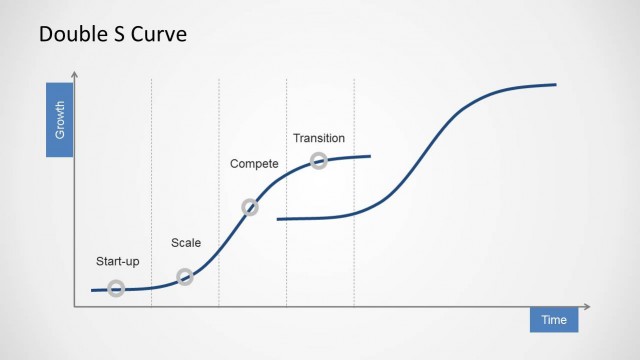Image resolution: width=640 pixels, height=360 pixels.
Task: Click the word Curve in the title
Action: click(158, 35)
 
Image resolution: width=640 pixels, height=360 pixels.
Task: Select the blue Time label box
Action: click(554, 320)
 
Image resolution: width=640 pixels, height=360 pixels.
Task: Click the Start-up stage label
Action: click(117, 262)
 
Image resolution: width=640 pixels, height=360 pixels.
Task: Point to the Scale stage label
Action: click(186, 243)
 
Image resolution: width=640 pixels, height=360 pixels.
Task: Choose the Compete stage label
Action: click(254, 163)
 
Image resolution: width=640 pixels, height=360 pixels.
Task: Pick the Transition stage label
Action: click(319, 138)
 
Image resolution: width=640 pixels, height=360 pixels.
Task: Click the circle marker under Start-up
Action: click(116, 289)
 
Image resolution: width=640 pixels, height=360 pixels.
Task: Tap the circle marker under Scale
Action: click(185, 277)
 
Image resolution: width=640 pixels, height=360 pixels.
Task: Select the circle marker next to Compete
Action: click(250, 208)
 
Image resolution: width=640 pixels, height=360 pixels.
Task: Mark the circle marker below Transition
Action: click(319, 160)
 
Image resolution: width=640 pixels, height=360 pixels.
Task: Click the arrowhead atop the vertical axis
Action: click(75, 75)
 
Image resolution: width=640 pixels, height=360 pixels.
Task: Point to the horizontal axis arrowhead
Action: click(588, 306)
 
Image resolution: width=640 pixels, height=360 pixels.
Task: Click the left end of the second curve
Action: click(278, 218)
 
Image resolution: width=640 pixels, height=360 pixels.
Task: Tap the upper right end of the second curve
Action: click(555, 85)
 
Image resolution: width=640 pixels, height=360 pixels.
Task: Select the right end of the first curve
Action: click(370, 156)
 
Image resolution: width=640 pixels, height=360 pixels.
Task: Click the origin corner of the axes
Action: click(75, 306)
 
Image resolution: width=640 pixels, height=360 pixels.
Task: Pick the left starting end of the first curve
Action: click(91, 290)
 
